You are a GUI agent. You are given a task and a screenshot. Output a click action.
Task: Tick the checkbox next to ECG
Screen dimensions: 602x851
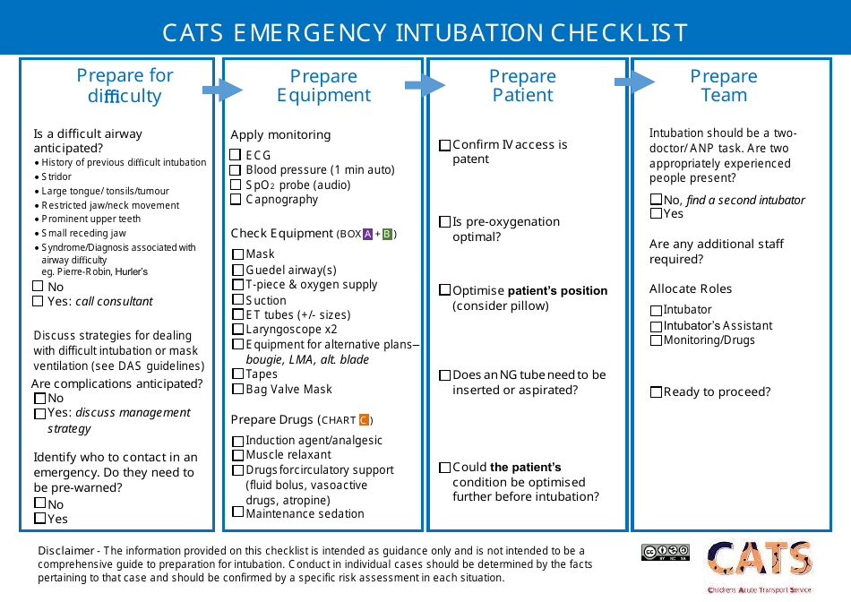point(236,156)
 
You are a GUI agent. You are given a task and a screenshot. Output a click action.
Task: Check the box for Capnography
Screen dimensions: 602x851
point(236,200)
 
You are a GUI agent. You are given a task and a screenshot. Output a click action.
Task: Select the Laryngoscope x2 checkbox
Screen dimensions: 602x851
point(238,330)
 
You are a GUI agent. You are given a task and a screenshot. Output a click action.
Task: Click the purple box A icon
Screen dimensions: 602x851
point(367,235)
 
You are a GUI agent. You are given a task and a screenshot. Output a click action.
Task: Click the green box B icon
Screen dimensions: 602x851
point(387,235)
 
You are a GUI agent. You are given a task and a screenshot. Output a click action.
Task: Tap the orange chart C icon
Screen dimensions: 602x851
point(364,420)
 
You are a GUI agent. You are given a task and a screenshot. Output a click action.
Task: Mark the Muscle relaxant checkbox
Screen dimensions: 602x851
point(238,456)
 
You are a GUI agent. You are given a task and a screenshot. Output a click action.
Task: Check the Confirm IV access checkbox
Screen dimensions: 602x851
point(445,146)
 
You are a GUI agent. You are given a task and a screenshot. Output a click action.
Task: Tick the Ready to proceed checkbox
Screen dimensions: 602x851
point(657,392)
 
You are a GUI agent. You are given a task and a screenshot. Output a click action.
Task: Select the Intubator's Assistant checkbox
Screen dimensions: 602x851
point(657,326)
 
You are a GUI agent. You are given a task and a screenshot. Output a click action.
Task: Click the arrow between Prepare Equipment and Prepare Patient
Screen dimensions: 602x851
point(425,86)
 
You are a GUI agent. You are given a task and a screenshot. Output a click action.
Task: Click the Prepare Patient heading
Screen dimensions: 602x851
point(523,86)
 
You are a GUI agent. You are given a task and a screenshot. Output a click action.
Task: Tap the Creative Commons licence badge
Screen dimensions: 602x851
point(666,553)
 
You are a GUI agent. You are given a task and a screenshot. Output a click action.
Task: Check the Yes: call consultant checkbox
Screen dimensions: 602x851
point(38,302)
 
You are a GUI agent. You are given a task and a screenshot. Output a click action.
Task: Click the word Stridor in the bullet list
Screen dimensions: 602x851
point(56,177)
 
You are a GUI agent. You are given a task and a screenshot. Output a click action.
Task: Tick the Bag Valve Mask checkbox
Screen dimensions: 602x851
point(238,390)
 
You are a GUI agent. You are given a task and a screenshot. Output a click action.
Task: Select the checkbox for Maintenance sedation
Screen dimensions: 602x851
point(238,512)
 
